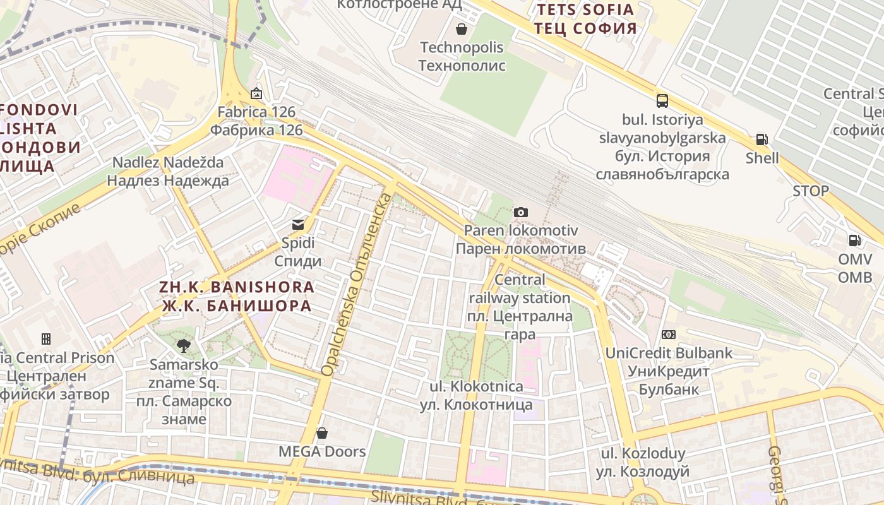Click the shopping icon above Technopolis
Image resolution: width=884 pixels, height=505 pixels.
[x=462, y=29]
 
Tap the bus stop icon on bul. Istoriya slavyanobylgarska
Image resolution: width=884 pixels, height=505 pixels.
[x=662, y=100]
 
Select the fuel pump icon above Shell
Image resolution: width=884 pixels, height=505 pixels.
[x=762, y=140]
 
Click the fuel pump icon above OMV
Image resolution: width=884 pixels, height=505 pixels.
[x=855, y=240]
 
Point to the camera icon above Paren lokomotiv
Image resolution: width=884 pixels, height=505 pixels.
[x=521, y=212]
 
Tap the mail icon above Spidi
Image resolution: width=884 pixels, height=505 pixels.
[x=297, y=224]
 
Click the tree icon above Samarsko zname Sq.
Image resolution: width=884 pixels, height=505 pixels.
[x=184, y=345]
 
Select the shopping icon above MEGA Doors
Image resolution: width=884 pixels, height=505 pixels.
[x=322, y=433]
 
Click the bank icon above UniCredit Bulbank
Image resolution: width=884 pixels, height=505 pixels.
[x=669, y=335]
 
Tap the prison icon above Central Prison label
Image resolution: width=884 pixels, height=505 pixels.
[x=46, y=339]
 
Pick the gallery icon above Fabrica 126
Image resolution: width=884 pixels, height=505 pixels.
[x=256, y=93]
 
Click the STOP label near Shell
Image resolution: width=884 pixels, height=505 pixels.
[x=811, y=191]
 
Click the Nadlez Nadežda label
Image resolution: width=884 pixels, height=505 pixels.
[x=168, y=162]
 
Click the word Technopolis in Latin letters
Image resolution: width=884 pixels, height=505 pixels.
[x=462, y=47]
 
